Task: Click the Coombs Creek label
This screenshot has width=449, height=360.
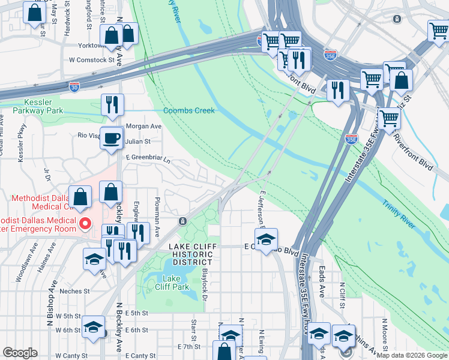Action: point(189,110)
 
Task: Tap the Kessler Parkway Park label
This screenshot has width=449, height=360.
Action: point(35,107)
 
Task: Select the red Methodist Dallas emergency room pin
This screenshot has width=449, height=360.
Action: point(85,224)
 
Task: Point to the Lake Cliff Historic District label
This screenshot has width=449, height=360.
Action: point(190,254)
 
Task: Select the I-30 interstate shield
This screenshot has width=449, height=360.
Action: point(74,87)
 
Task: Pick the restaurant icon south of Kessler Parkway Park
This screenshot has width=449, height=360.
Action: point(112,104)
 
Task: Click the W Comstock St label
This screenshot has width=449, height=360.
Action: point(91,60)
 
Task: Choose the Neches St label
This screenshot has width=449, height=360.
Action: point(74,291)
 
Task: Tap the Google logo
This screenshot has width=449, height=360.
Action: point(20,353)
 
